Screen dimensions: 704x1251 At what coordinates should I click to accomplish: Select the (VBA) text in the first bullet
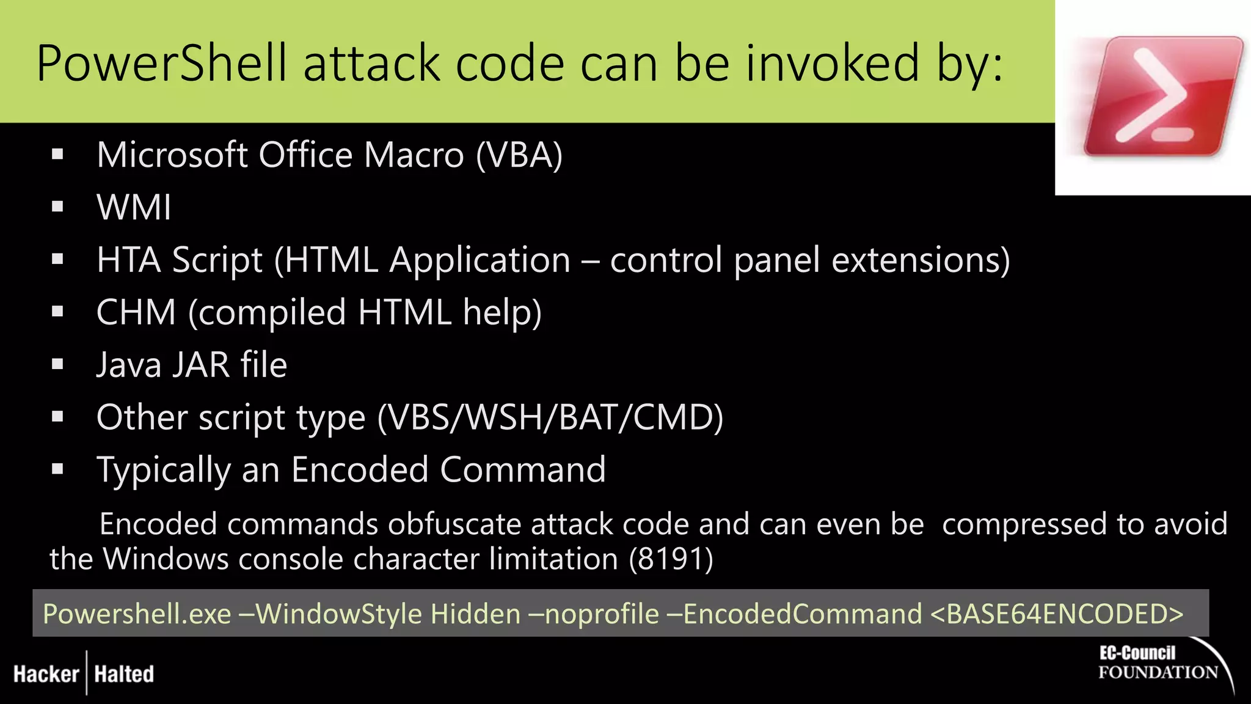tap(519, 155)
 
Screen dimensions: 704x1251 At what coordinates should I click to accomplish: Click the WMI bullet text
tap(134, 208)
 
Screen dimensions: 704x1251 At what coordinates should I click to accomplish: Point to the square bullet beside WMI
tap(58, 207)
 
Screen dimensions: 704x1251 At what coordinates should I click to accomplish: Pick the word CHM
tap(136, 313)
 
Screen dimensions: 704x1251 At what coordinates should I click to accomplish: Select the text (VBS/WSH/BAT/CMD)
tap(550, 418)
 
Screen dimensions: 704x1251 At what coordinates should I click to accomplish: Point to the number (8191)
tap(671, 559)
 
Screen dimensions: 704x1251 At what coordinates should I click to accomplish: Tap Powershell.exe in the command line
tap(137, 614)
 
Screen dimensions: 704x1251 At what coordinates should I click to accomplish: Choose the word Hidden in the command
tap(475, 614)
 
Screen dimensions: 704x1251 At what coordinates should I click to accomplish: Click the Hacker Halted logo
tap(84, 674)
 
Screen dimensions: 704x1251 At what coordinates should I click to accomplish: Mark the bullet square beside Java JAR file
tap(58, 365)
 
